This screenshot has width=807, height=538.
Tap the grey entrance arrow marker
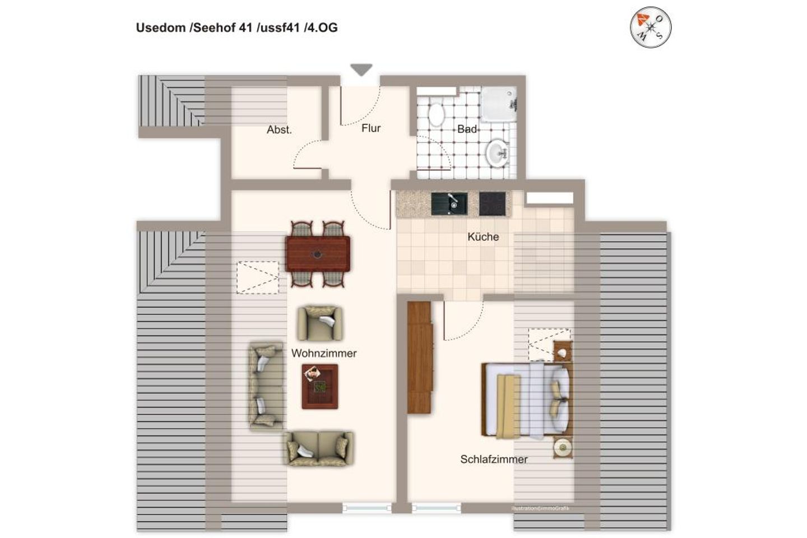tap(361, 70)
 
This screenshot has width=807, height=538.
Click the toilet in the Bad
tap(435, 115)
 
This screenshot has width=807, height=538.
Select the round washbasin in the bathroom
tap(497, 152)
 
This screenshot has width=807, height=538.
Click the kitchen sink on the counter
tap(449, 203)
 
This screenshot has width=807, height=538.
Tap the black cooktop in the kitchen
tap(493, 204)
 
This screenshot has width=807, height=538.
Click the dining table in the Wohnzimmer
tap(318, 254)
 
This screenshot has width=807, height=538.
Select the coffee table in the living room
tap(320, 386)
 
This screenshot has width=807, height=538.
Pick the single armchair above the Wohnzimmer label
tap(319, 323)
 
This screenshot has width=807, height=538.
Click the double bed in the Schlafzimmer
tap(527, 400)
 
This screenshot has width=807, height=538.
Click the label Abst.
tap(279, 130)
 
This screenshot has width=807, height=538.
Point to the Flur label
tap(371, 128)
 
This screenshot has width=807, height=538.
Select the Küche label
tap(483, 236)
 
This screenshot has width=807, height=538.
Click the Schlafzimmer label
tap(494, 460)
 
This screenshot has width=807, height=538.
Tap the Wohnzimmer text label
tap(324, 354)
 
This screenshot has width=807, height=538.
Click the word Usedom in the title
tap(159, 27)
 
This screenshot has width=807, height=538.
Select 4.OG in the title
tap(322, 27)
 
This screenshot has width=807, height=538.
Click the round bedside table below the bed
tap(562, 447)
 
